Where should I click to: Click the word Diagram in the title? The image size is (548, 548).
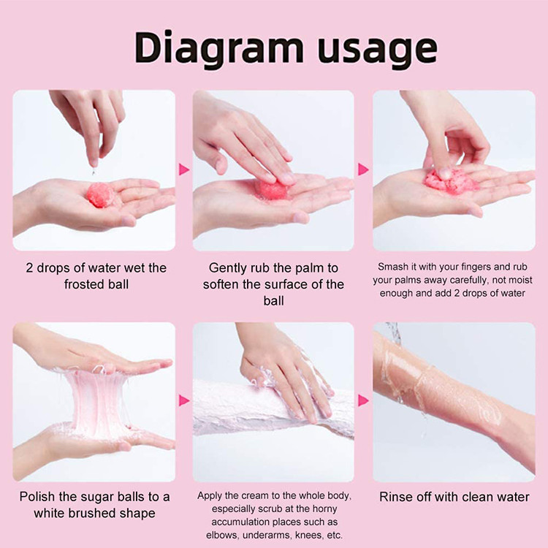[x=218, y=48]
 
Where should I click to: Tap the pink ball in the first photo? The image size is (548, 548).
[x=101, y=194]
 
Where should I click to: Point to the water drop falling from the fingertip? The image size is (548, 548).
[x=94, y=171]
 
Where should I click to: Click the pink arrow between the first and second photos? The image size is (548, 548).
[x=184, y=170]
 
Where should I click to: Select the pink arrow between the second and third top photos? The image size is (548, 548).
[x=363, y=170]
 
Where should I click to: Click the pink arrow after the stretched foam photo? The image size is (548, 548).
[x=184, y=400]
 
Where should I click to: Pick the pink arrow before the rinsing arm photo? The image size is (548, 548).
[x=363, y=400]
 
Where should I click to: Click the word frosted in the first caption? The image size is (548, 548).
[x=84, y=284]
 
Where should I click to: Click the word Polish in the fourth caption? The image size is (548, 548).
[x=37, y=497]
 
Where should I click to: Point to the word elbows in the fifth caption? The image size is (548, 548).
[x=223, y=535]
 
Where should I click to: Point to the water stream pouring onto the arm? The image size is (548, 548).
[x=395, y=335]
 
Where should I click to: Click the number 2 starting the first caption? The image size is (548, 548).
[x=29, y=268]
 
